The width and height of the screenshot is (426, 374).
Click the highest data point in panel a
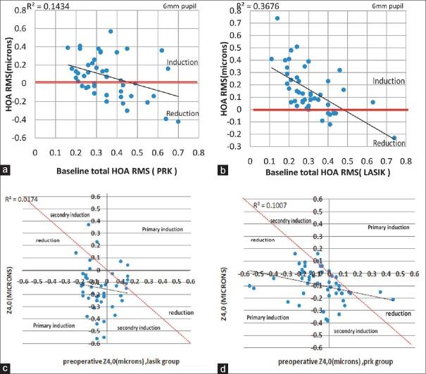point(111,31)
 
